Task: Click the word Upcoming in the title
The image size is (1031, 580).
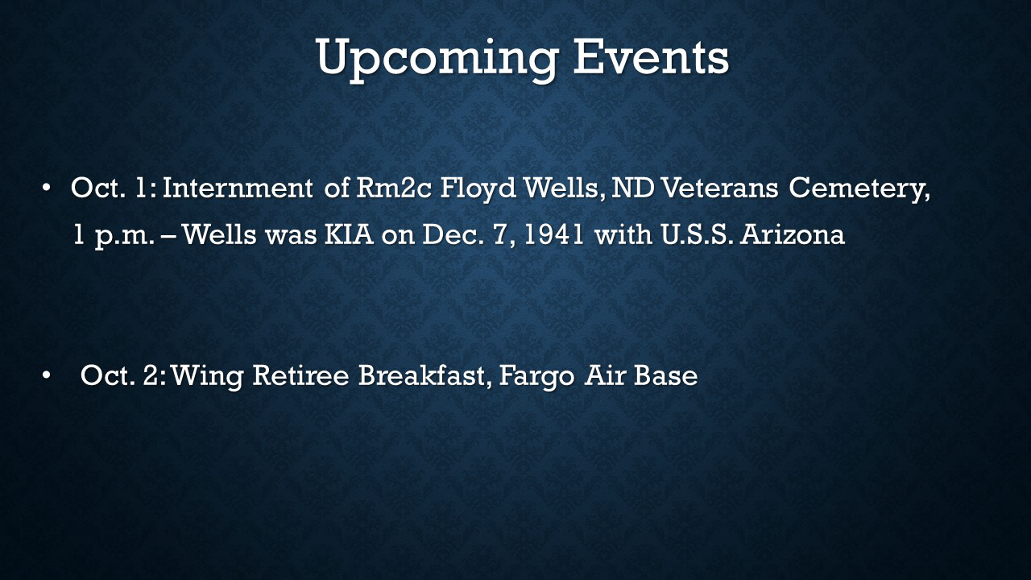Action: pyautogui.click(x=437, y=60)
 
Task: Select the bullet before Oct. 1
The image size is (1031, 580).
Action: pyautogui.click(x=46, y=188)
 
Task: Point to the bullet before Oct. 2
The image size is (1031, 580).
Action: pyautogui.click(x=46, y=375)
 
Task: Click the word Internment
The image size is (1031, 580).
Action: pyautogui.click(x=238, y=188)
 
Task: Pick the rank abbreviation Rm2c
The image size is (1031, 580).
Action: pyautogui.click(x=394, y=188)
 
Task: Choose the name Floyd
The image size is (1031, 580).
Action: pyautogui.click(x=478, y=189)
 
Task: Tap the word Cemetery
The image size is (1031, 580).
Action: pyautogui.click(x=856, y=189)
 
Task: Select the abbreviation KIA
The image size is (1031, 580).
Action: pyautogui.click(x=349, y=234)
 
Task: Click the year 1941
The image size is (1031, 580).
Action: pyautogui.click(x=554, y=234)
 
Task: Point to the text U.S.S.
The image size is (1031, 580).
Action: pyautogui.click(x=697, y=234)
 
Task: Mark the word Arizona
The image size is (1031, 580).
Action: pyautogui.click(x=793, y=234)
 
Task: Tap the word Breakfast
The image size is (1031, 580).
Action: pyautogui.click(x=421, y=375)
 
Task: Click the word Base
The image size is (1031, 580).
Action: pyautogui.click(x=665, y=375)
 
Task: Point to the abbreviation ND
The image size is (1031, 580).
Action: pyautogui.click(x=632, y=188)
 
